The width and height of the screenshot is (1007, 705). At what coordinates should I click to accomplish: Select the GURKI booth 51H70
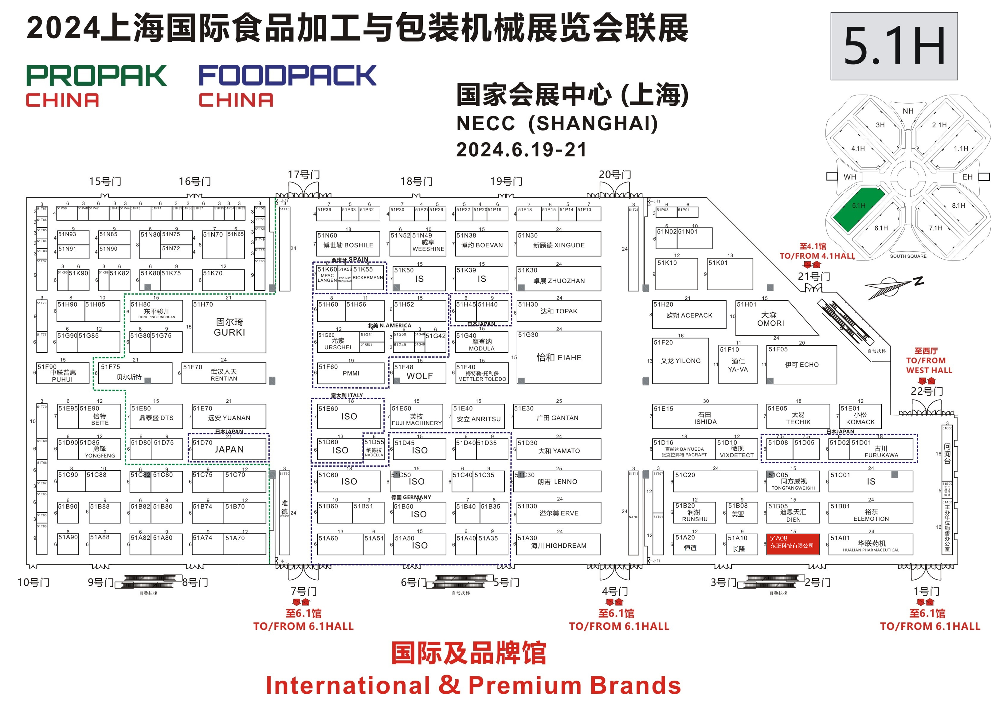[229, 327]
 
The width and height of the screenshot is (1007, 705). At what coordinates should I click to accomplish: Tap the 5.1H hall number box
[894, 46]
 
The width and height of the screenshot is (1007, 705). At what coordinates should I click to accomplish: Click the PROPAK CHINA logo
[96, 85]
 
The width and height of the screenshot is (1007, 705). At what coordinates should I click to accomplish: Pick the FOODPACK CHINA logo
[287, 85]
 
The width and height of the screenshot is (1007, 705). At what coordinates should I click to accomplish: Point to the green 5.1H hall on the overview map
[857, 208]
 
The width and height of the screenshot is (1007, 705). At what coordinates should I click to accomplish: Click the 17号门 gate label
[304, 174]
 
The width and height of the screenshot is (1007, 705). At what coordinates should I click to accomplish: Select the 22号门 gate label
[926, 391]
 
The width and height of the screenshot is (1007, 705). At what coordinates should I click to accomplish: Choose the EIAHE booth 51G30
[559, 357]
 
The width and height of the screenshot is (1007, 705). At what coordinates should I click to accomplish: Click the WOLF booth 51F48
[419, 373]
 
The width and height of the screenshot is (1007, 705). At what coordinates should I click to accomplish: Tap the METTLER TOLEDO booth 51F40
[482, 373]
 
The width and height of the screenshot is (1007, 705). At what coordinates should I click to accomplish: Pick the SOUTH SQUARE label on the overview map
[908, 256]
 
